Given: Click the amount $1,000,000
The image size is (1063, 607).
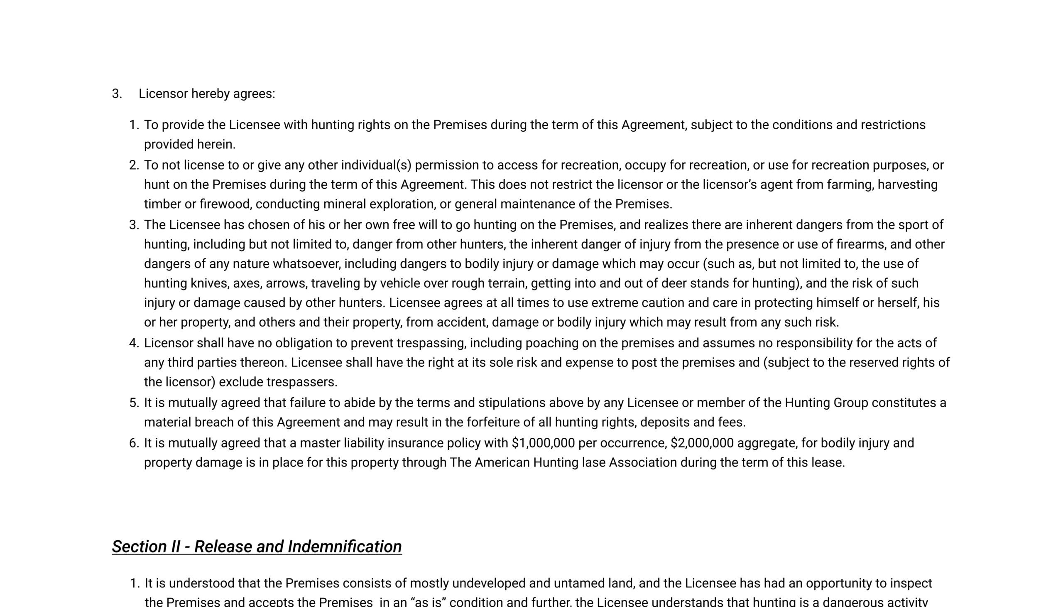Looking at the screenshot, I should pyautogui.click(x=543, y=443).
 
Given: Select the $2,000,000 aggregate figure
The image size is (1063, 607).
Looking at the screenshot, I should pyautogui.click(x=702, y=443).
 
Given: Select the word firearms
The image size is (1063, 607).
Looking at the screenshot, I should pyautogui.click(x=861, y=244).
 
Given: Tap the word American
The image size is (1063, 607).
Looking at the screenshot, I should pyautogui.click(x=502, y=463).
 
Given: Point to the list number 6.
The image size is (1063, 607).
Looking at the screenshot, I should pyautogui.click(x=134, y=443).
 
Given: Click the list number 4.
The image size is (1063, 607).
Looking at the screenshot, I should pyautogui.click(x=134, y=343).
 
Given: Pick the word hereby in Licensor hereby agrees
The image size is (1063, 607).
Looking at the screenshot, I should pyautogui.click(x=210, y=94).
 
